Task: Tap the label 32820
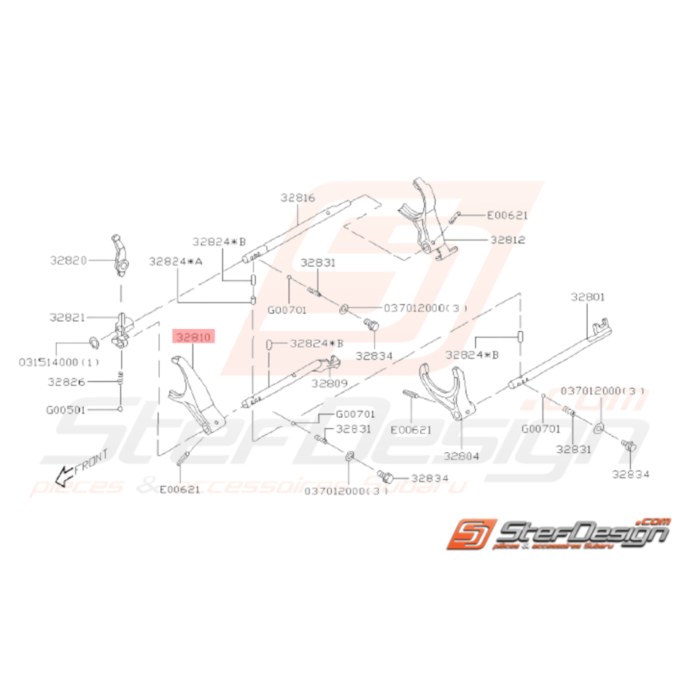pos(69,259)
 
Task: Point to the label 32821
pos(69,317)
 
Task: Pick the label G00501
pos(66,410)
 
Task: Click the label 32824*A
pos(175,260)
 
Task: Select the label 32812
pos(508,239)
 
